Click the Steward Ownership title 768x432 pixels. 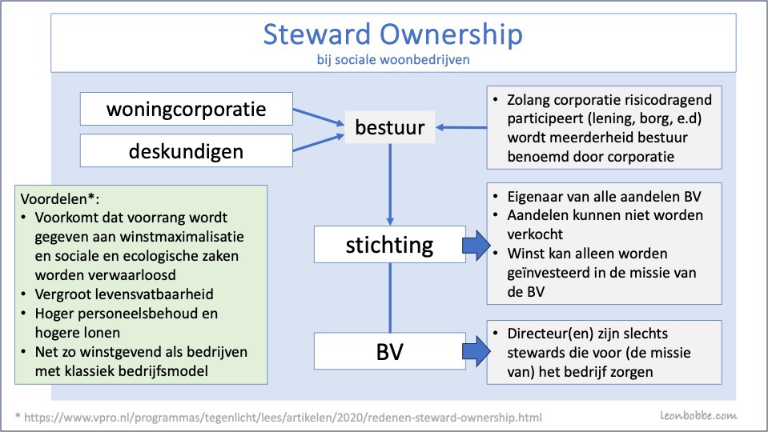(x=393, y=34)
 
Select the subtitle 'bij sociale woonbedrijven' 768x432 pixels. (x=393, y=60)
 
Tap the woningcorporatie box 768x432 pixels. (x=186, y=109)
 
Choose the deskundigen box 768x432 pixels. (x=186, y=150)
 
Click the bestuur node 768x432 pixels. (x=390, y=127)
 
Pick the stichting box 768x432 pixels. (x=390, y=244)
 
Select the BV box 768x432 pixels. (x=390, y=351)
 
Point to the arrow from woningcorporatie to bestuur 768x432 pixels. (x=319, y=117)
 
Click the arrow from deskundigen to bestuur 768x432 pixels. (x=319, y=142)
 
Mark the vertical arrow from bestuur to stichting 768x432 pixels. (x=390, y=185)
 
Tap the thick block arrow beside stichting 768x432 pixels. (x=476, y=245)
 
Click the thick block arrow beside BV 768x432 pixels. (x=476, y=351)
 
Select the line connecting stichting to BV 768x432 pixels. (x=390, y=298)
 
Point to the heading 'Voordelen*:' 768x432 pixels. (x=60, y=199)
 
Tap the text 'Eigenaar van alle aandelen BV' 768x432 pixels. (x=604, y=197)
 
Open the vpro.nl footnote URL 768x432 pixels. (x=283, y=418)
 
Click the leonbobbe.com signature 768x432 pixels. (x=698, y=416)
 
